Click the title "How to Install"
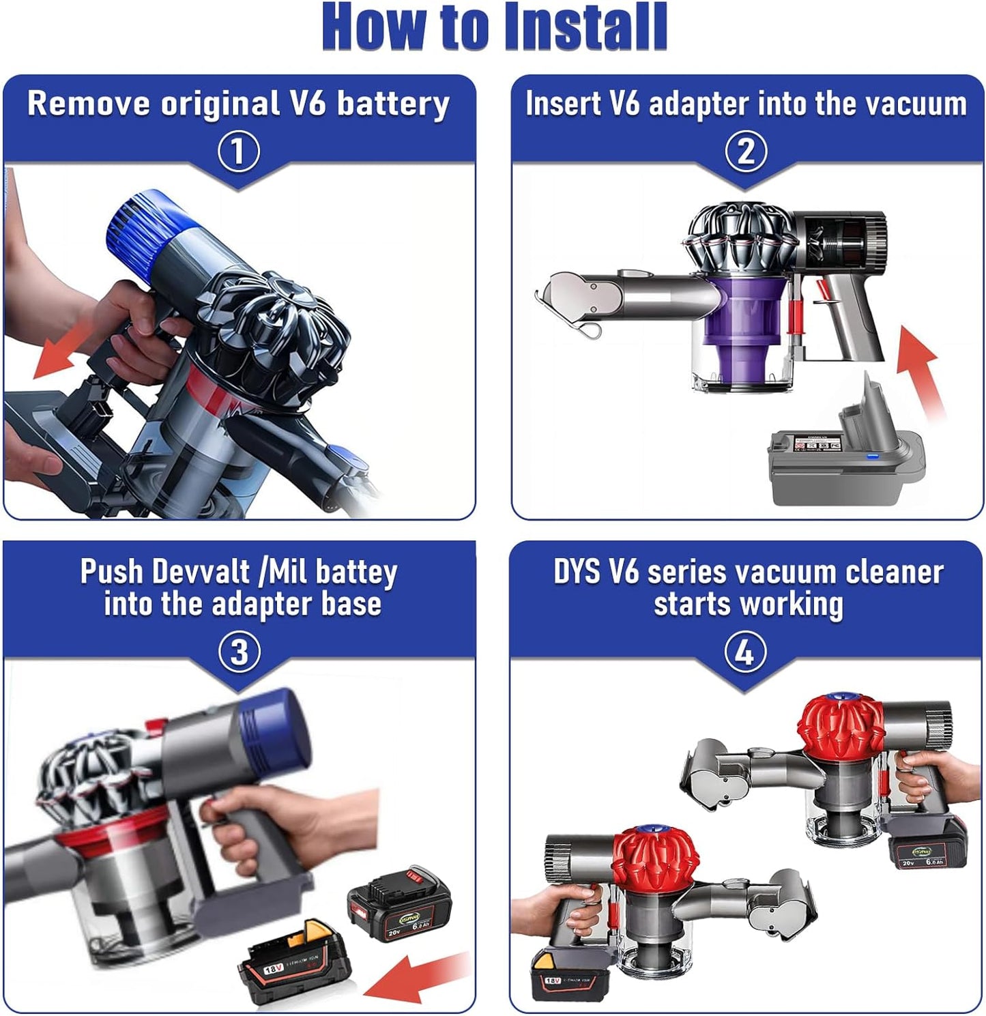pos(494,27)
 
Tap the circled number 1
pos(239,151)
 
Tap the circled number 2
pos(745,151)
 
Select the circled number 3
pos(239,652)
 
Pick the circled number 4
pos(744,652)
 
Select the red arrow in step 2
pos(921,368)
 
